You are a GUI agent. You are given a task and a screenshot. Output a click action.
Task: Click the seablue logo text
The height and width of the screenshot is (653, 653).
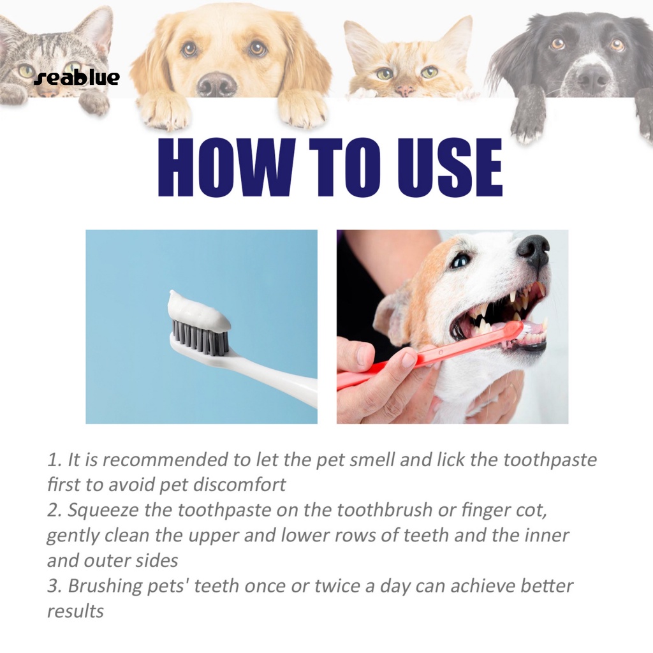tap(77, 77)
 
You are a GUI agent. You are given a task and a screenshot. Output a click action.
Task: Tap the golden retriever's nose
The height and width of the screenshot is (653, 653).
tap(217, 84)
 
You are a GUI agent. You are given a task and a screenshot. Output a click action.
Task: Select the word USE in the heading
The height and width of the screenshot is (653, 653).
tap(450, 167)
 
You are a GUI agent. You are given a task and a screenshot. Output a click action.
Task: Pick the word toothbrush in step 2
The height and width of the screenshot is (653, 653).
tap(385, 510)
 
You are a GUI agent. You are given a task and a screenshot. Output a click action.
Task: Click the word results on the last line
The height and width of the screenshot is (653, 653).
tap(75, 612)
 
